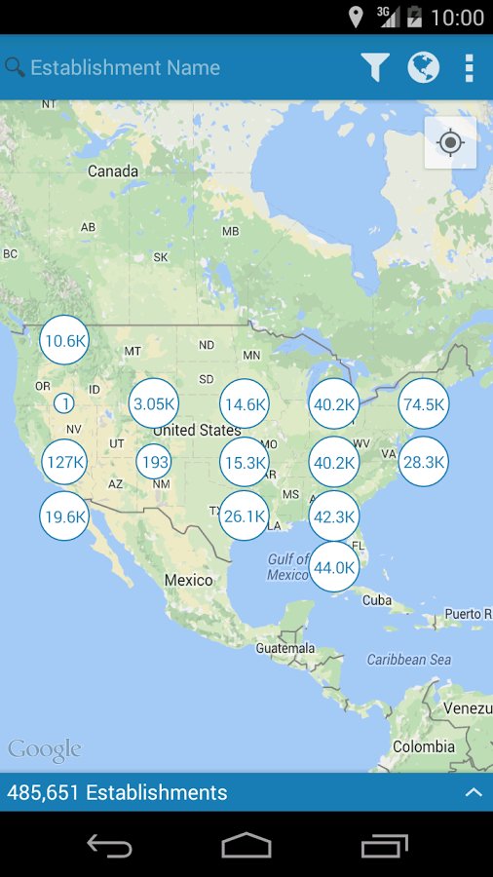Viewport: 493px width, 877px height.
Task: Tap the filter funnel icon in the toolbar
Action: point(375,67)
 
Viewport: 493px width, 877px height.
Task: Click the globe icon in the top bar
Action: point(423,67)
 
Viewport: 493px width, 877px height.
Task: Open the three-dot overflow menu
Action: point(469,67)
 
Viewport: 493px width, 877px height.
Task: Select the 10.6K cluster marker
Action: point(64,341)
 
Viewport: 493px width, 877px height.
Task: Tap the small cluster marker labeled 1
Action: point(64,402)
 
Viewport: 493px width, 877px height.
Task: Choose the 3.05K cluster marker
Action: point(154,403)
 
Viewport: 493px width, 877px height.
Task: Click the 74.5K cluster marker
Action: point(424,404)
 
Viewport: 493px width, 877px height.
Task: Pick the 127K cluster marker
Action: point(64,462)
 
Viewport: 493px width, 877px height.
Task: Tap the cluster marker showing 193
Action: point(154,462)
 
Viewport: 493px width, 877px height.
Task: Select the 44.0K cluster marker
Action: point(333,567)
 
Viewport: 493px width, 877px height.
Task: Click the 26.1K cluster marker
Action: point(244,516)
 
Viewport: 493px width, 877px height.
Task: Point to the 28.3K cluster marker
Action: point(424,462)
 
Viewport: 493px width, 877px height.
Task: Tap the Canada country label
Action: point(113,172)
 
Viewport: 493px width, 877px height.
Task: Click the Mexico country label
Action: point(188,580)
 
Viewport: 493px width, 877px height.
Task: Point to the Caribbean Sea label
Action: point(409,660)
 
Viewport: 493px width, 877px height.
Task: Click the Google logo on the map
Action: point(45,749)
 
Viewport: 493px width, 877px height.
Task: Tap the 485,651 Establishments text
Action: point(117,792)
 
